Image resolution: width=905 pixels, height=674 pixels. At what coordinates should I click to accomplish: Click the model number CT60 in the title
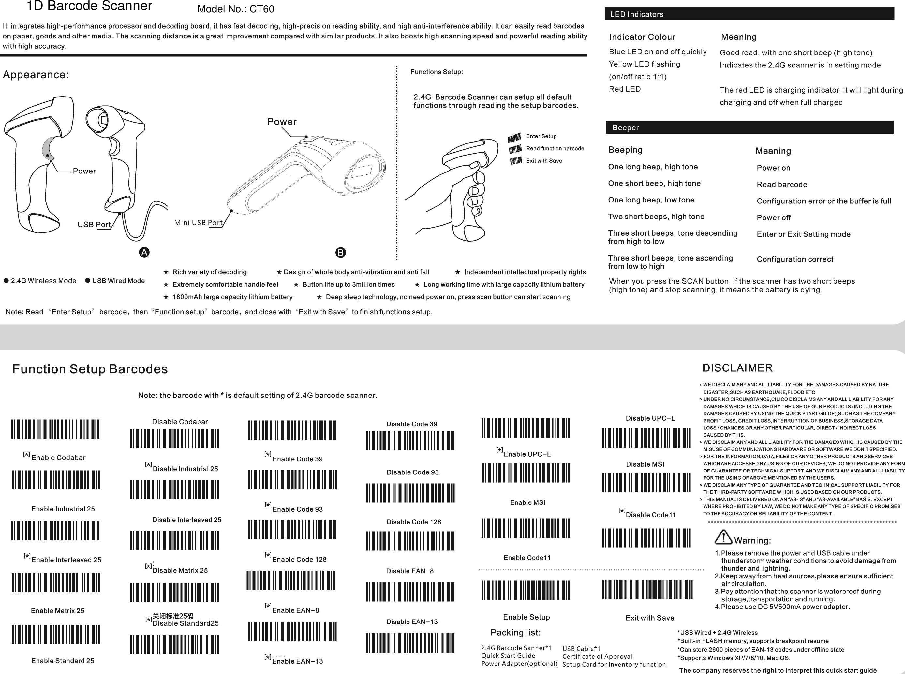[261, 9]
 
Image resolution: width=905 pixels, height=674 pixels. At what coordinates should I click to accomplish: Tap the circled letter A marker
[144, 252]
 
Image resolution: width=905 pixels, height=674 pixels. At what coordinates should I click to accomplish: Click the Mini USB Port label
[198, 223]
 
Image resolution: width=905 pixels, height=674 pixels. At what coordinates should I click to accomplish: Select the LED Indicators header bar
[749, 14]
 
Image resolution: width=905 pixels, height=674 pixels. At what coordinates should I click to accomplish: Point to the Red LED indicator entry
[624, 89]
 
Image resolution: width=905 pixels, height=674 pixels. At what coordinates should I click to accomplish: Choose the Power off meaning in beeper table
[773, 218]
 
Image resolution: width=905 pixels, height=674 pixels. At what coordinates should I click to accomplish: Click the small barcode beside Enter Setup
[515, 138]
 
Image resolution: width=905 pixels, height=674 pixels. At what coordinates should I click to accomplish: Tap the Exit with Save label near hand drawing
[544, 161]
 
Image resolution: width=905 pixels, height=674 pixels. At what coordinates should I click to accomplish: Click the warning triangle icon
[723, 537]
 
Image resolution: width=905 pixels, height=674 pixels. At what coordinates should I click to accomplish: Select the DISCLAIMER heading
[737, 368]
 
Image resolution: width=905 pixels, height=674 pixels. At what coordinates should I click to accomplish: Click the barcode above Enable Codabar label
[55, 429]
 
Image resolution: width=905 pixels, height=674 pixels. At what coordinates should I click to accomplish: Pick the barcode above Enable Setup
[526, 590]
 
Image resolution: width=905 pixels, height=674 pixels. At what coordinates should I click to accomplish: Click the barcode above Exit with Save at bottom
[647, 590]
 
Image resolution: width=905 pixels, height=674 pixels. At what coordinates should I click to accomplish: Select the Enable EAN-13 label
[297, 661]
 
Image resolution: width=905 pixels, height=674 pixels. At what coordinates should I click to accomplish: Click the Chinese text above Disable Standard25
[173, 616]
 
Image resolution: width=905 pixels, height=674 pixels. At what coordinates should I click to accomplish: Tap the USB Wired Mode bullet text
[118, 281]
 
